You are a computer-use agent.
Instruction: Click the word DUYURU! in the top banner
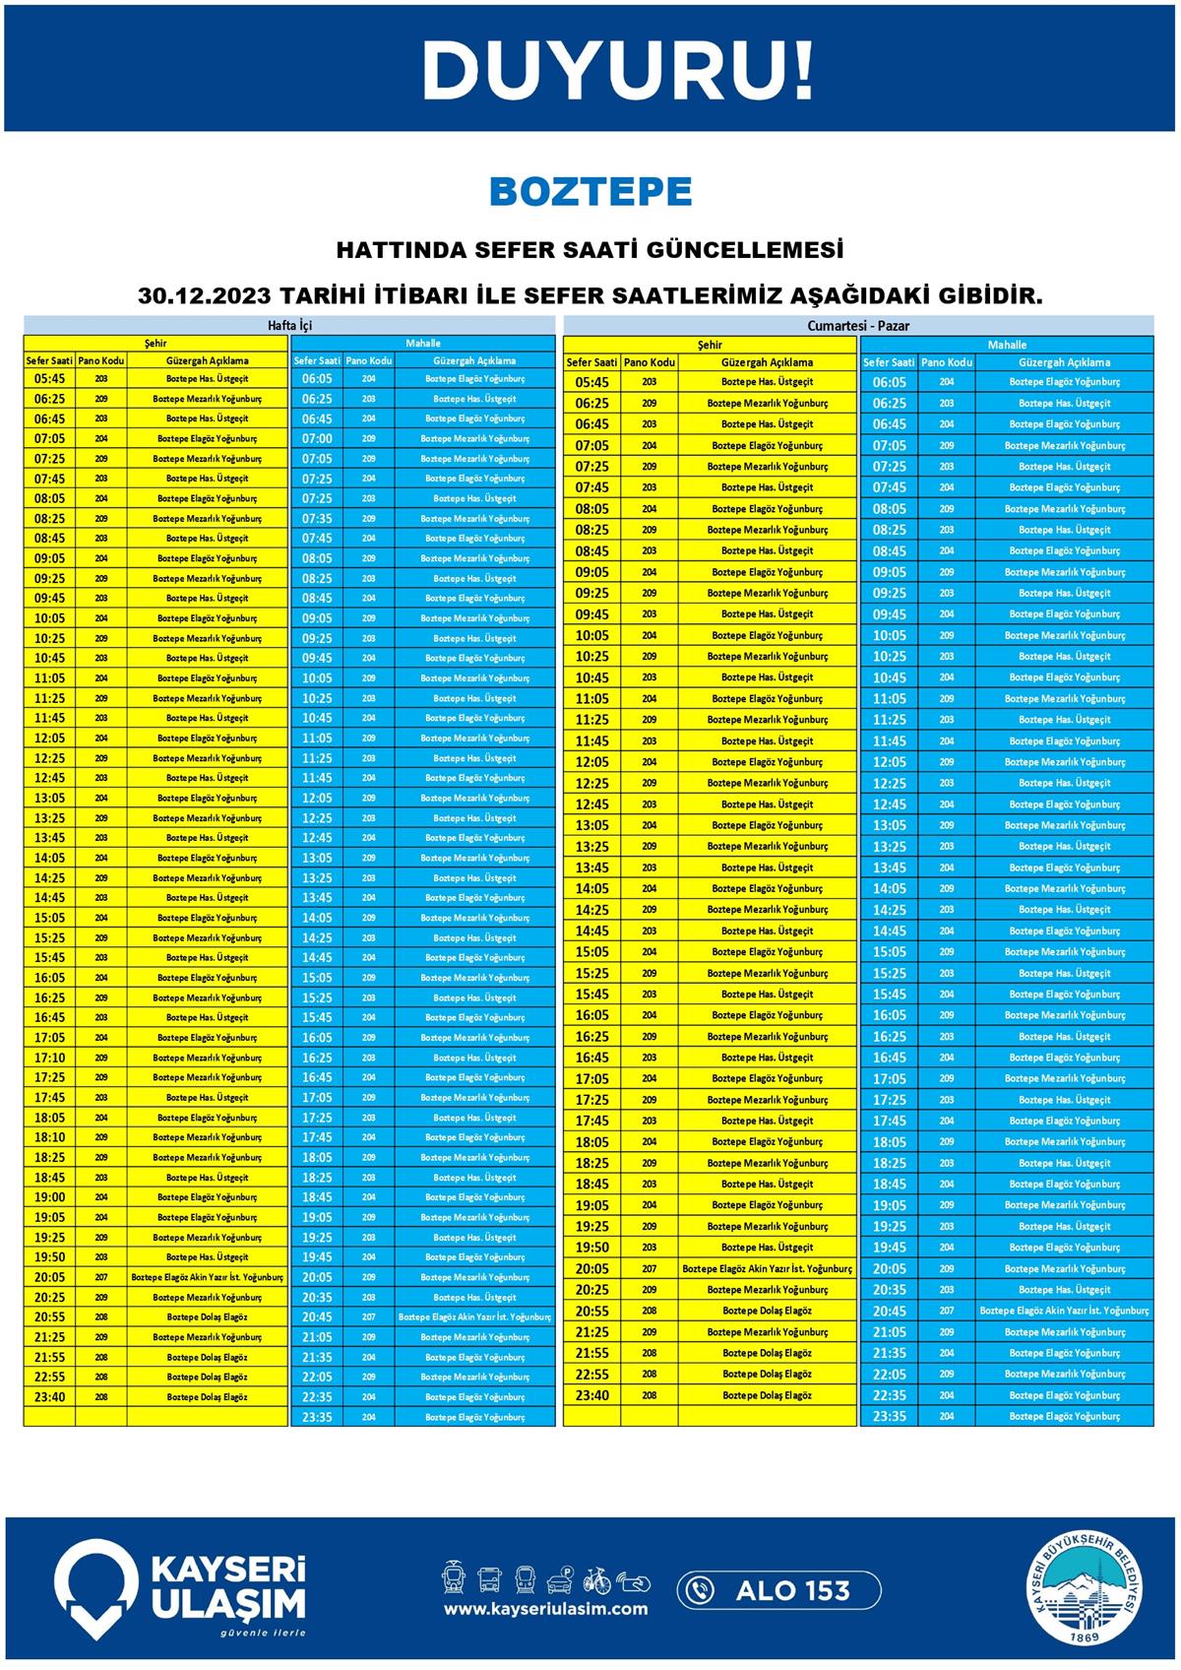tap(618, 71)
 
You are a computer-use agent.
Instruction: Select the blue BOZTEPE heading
tap(590, 192)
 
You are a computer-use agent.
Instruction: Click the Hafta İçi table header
tap(289, 325)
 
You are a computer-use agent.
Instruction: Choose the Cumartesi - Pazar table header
tap(857, 326)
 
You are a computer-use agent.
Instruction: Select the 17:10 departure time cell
tap(49, 1058)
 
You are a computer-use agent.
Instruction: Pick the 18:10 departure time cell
tap(49, 1137)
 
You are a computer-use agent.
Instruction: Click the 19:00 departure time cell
tap(49, 1197)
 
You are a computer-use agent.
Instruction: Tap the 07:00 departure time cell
tap(317, 438)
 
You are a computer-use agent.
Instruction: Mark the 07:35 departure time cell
tap(317, 518)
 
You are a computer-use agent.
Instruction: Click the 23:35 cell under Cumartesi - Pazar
tap(889, 1416)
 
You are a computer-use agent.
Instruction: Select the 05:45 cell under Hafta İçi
tap(49, 379)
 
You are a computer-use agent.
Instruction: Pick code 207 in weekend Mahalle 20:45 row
tap(946, 1311)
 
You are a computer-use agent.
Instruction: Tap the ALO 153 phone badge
tap(778, 1590)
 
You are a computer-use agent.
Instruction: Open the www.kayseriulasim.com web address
tap(545, 1609)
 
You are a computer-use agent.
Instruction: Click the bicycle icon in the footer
tap(596, 1579)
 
